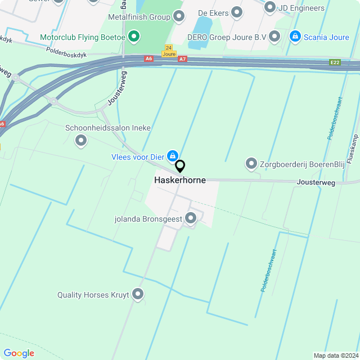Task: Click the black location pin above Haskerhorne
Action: pos(180,166)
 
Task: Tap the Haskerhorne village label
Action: pos(180,181)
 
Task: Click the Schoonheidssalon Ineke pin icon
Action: pos(81,141)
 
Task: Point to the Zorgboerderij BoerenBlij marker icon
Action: pos(251,164)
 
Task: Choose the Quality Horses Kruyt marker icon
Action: pos(137,294)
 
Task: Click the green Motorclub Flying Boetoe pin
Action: pos(134,38)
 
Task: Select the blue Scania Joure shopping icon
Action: pos(295,37)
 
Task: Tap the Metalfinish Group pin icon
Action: pos(179,16)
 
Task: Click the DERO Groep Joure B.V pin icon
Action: pos(274,37)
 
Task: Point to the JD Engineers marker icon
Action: pos(270,7)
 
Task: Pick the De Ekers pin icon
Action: pos(237,11)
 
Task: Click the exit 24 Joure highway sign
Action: pos(169,51)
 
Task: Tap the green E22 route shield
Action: pos(336,62)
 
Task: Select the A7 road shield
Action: pos(182,58)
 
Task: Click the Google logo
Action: pos(19,353)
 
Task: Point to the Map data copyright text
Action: pos(336,355)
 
